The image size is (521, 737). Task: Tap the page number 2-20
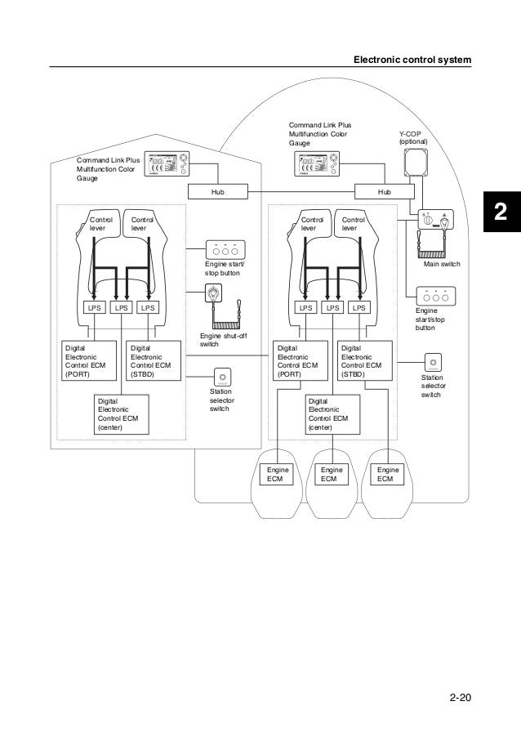(461, 699)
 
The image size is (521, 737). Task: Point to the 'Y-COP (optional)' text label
(412, 136)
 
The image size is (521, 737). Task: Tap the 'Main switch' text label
(442, 266)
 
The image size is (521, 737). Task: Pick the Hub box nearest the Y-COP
(384, 191)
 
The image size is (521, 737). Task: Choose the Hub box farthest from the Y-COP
(217, 191)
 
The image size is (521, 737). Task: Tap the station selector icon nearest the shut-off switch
(222, 377)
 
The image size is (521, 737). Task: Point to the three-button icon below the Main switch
(435, 297)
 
